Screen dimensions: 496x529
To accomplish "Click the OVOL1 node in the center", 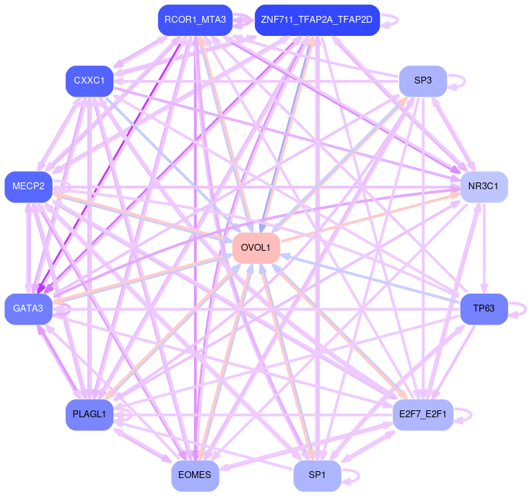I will [x=256, y=248].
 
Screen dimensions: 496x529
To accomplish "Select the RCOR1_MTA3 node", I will [x=195, y=20].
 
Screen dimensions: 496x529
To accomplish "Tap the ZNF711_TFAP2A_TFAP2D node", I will [x=317, y=20].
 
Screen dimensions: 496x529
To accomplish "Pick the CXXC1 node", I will [x=89, y=82].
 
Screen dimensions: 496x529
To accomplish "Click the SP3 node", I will [x=423, y=81].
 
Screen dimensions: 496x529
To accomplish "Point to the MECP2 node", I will [x=28, y=187].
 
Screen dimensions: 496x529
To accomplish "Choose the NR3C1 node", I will [x=483, y=187].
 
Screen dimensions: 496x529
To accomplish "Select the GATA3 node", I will [x=28, y=308].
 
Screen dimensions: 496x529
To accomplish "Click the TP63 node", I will [x=483, y=308].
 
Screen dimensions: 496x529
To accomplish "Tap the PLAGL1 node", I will [x=89, y=414].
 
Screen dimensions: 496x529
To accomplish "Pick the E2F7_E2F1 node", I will [x=423, y=414].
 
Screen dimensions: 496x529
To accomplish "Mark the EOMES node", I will [x=195, y=475].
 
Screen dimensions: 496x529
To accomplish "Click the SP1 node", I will [x=317, y=475].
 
